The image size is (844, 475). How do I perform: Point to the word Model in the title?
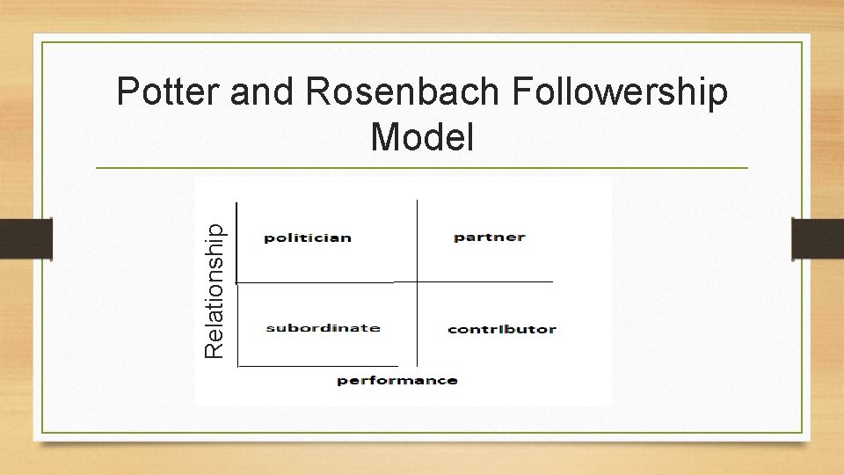(x=422, y=137)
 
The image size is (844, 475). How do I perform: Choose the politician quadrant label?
(x=308, y=237)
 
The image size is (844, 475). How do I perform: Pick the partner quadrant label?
(x=490, y=237)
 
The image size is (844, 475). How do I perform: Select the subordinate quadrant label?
(x=323, y=328)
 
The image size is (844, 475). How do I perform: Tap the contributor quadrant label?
(x=501, y=329)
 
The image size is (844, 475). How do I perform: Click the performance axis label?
(x=397, y=380)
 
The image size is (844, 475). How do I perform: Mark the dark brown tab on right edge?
(x=818, y=238)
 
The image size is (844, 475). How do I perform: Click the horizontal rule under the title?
(x=422, y=167)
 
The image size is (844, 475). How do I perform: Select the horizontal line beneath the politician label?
(x=315, y=282)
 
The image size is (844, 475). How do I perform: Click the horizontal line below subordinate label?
(x=318, y=364)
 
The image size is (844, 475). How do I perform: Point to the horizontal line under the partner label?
(x=485, y=281)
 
